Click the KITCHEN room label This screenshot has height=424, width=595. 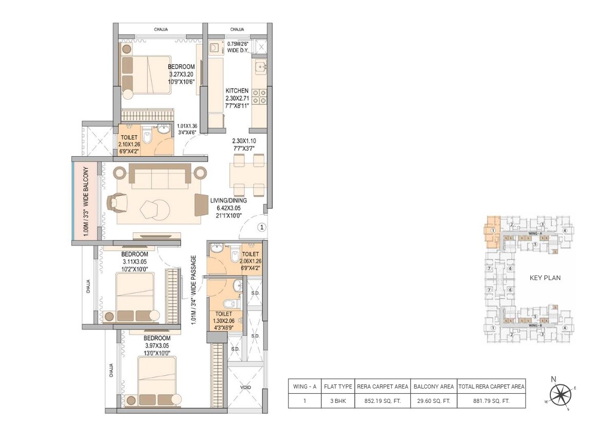(237, 91)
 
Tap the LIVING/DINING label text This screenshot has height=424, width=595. (228, 200)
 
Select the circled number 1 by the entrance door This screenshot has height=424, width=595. (261, 227)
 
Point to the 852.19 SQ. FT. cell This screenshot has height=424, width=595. (382, 401)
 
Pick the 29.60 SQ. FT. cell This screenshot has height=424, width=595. (434, 401)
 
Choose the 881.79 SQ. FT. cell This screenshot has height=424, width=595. (491, 401)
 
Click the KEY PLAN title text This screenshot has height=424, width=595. (545, 278)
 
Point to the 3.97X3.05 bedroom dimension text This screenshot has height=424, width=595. (157, 345)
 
